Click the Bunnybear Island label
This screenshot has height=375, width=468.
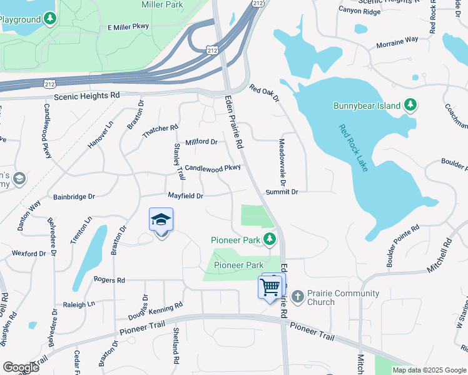tap(366, 106)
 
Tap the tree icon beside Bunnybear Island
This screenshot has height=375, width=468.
tap(410, 105)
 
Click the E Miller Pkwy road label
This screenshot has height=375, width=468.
tap(129, 27)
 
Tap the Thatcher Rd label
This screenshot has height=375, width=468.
tap(160, 128)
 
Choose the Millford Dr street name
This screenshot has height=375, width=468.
tap(201, 142)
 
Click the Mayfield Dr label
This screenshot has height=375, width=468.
tap(185, 196)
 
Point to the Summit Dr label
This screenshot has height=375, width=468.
tap(282, 192)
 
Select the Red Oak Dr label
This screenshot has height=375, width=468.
tap(263, 94)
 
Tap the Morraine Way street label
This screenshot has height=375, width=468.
tap(397, 42)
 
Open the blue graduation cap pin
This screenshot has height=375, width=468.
tap(161, 221)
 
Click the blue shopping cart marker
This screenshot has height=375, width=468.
tap(270, 288)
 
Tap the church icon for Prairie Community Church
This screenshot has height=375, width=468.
tap(298, 296)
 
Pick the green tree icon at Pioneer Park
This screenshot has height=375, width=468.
tap(270, 239)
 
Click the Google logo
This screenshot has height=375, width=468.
tap(21, 367)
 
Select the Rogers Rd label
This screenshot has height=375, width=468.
tap(109, 279)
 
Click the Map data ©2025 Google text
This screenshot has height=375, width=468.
tap(429, 370)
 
